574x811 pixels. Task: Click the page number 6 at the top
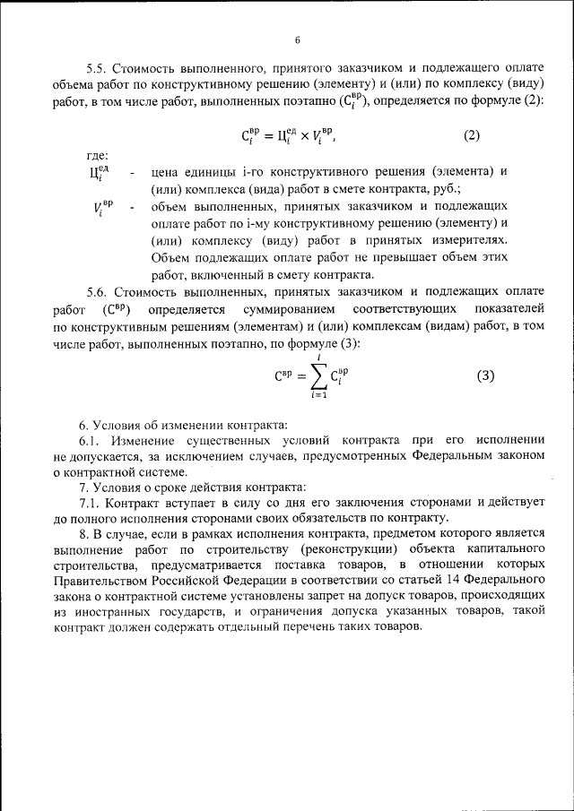click(296, 40)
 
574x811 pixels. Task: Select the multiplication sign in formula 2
click(304, 136)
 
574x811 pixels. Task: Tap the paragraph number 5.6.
click(96, 291)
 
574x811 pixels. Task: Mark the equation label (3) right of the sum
click(484, 375)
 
